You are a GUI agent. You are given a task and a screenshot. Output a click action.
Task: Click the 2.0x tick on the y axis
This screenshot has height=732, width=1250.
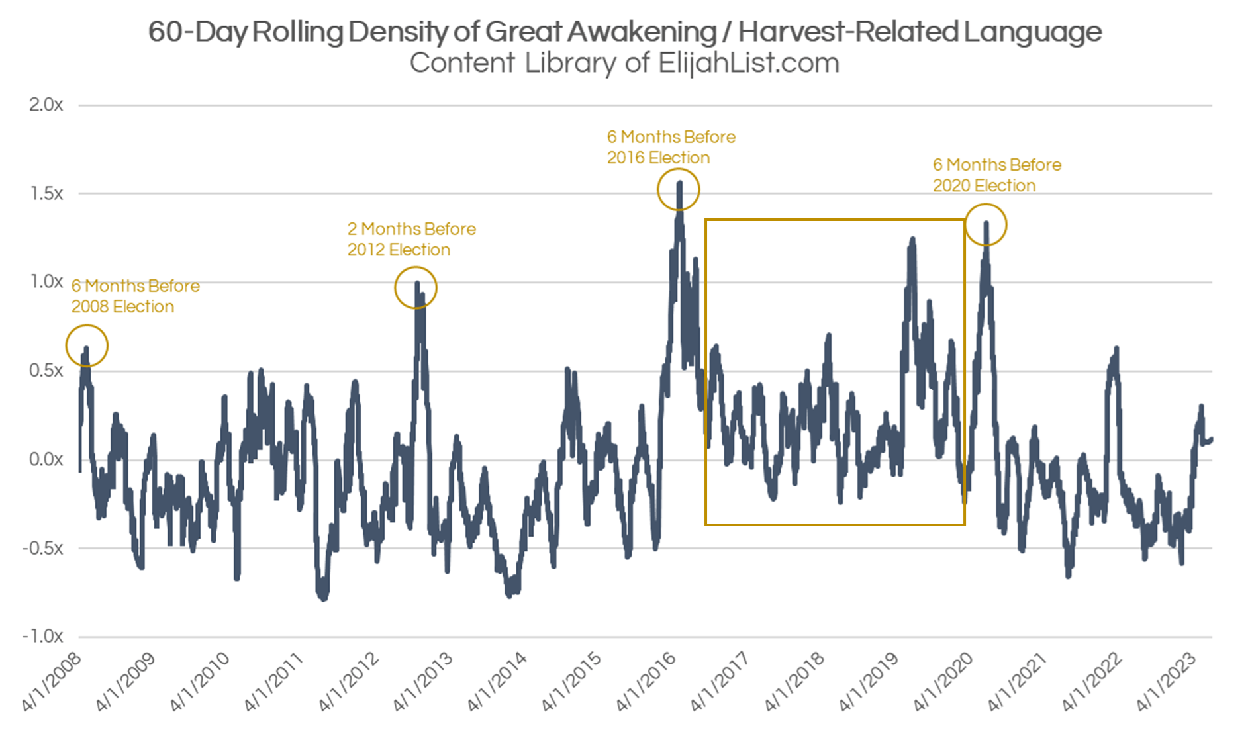pos(46,105)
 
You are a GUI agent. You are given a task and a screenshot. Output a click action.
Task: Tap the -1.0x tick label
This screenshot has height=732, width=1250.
pos(43,637)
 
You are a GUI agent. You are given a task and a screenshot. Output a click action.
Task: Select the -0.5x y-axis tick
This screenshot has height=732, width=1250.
pos(43,548)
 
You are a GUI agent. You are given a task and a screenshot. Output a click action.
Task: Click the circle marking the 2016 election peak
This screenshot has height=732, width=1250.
pos(678,189)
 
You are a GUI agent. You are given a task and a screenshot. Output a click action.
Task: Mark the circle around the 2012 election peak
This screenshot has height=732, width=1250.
pos(416,288)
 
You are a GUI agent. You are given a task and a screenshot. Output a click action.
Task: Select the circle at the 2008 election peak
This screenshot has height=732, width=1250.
pos(87,345)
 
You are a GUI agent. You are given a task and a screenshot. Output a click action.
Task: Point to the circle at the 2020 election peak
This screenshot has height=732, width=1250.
pos(986,225)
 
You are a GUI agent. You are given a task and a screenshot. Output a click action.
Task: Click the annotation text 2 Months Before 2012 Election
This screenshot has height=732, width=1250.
pos(411,239)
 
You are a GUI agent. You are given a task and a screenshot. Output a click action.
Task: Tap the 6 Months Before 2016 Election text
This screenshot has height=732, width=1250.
pos(671,147)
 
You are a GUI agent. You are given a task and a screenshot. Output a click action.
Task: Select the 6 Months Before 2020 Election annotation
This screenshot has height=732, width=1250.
pos(996,175)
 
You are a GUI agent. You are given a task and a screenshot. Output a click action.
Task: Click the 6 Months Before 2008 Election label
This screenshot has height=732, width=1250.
pos(135,296)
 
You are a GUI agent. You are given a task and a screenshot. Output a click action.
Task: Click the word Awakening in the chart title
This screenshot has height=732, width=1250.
pos(642,31)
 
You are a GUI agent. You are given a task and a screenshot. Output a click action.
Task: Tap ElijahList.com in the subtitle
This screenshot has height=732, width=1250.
pos(748,64)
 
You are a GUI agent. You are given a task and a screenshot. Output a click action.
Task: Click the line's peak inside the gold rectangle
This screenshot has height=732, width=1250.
pos(912,240)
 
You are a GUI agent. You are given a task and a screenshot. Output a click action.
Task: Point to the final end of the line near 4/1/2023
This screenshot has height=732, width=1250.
pos(1211,439)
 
